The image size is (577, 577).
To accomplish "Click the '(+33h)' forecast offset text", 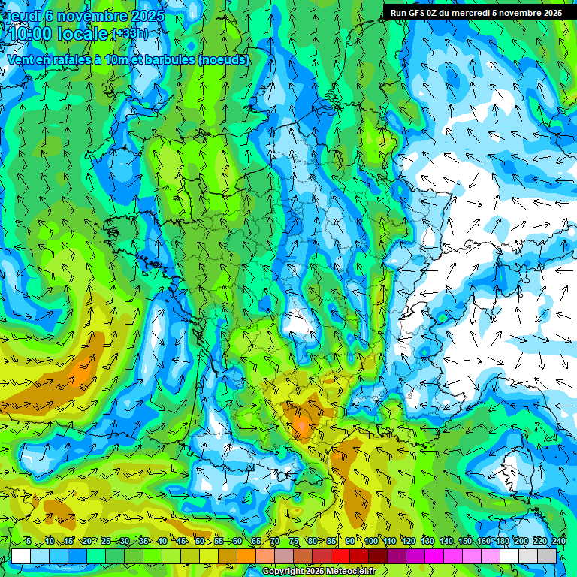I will click(129, 34).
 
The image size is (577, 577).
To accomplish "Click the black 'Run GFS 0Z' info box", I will click(476, 12).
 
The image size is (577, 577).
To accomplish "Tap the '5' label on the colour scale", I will click(27, 541).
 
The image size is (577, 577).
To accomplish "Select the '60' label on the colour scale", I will click(237, 541).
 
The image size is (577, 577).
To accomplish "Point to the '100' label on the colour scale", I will click(370, 541).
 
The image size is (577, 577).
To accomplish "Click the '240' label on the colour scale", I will click(558, 541).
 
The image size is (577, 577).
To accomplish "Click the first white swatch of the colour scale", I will click(21, 556).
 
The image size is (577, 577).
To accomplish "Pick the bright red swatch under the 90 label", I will click(340, 556).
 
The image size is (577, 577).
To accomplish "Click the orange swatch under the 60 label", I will click(228, 556).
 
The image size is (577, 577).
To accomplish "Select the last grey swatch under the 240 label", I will click(547, 556).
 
